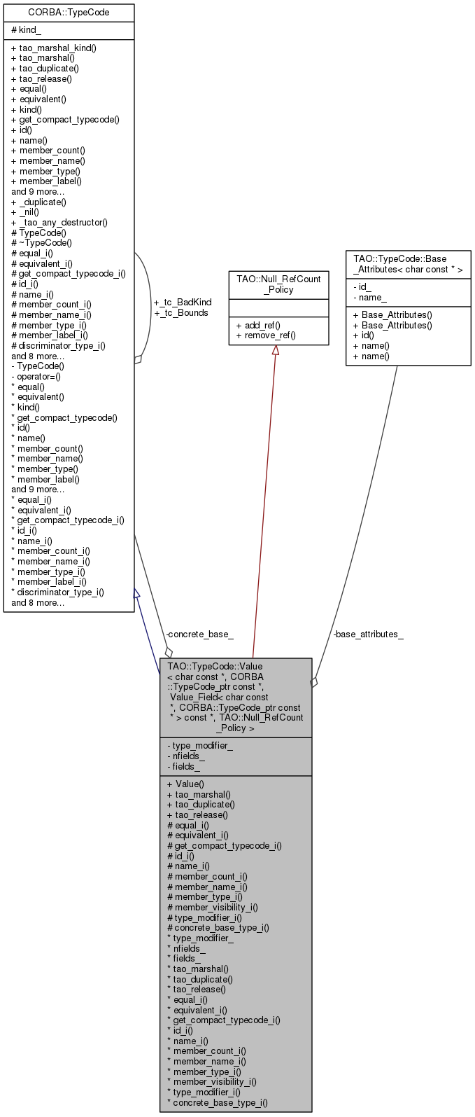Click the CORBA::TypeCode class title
pyautogui.click(x=69, y=13)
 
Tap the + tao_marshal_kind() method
pyautogui.click(x=54, y=48)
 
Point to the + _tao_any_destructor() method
pyautogui.click(x=59, y=223)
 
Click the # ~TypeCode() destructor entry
pyautogui.click(x=41, y=243)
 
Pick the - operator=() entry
pyautogui.click(x=36, y=377)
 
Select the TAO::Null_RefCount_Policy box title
pyautogui.click(x=279, y=284)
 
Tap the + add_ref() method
pyautogui.click(x=258, y=325)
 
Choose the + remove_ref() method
pyautogui.click(x=266, y=335)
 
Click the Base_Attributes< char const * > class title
pyautogui.click(x=409, y=264)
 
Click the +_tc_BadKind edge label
pyautogui.click(x=183, y=303)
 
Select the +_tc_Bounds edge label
pyautogui.click(x=181, y=312)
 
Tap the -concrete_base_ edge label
pyautogui.click(x=199, y=634)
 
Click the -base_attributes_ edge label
pyautogui.click(x=369, y=634)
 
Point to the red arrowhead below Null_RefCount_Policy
pyautogui.click(x=276, y=350)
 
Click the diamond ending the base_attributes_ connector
pyautogui.click(x=314, y=681)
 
